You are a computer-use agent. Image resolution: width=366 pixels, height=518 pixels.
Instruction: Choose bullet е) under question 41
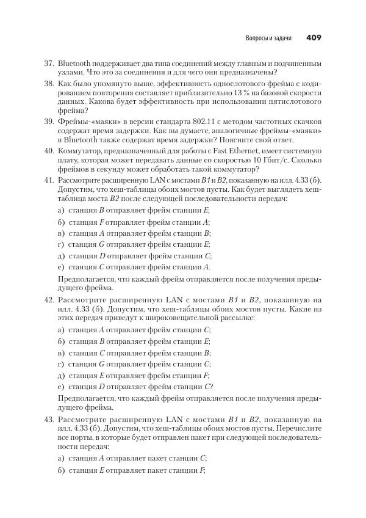pos(60,267)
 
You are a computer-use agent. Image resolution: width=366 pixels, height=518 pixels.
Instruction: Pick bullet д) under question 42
pos(60,375)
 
